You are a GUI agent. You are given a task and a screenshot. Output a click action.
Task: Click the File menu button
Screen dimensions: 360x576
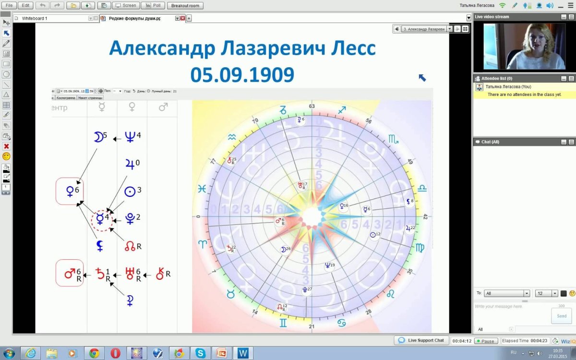tap(8, 5)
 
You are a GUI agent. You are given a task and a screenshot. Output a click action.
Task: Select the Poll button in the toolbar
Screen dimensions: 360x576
tap(154, 5)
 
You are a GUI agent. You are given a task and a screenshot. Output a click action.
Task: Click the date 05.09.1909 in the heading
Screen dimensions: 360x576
tap(242, 74)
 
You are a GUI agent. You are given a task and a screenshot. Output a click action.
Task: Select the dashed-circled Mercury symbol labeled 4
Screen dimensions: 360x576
tap(101, 219)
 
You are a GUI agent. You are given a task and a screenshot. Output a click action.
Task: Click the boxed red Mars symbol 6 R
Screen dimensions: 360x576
tap(70, 274)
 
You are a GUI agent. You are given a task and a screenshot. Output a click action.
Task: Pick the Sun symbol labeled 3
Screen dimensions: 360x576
tap(130, 191)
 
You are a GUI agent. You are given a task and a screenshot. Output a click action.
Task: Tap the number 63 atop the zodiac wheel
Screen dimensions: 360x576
tap(312, 106)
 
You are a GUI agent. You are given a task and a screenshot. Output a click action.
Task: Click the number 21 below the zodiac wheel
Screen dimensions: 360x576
tap(312, 327)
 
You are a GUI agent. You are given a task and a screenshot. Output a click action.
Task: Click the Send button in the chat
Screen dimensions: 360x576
tap(562, 316)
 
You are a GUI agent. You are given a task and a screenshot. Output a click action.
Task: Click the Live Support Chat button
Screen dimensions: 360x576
tap(421, 340)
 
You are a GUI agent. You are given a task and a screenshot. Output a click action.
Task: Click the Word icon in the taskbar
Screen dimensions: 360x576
tap(243, 353)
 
